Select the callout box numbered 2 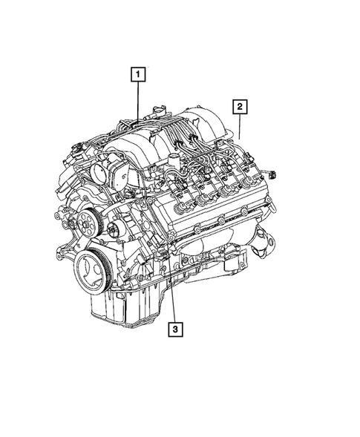tap(240, 106)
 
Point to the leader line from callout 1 tap(138, 100)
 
